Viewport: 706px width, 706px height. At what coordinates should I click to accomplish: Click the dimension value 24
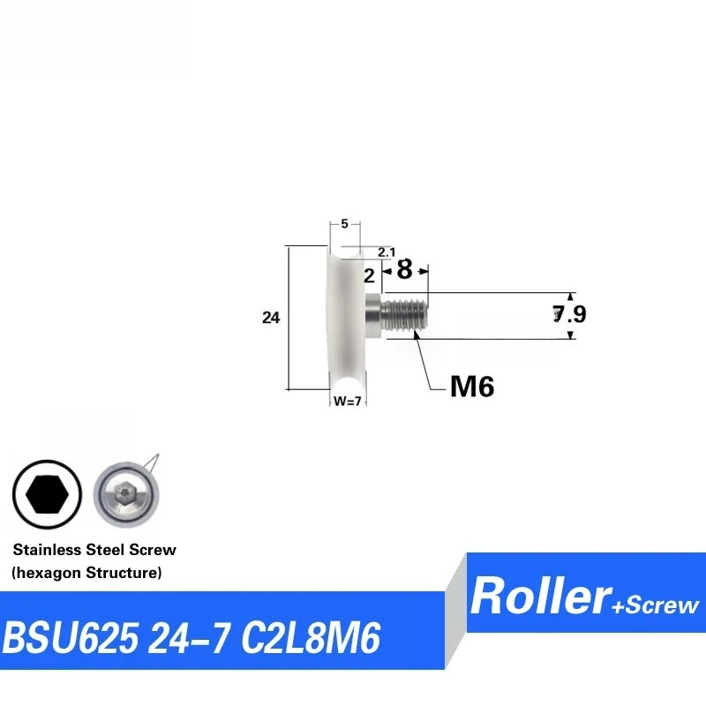[271, 318]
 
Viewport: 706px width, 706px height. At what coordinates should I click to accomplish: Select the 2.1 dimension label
[386, 252]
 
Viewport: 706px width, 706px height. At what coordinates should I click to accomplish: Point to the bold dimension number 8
[404, 269]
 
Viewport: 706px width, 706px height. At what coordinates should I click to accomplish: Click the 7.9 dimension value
[569, 313]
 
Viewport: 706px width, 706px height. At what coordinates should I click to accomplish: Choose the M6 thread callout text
[472, 387]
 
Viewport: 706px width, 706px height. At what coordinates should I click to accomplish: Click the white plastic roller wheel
[346, 318]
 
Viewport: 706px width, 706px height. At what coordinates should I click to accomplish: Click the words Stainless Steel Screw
[94, 550]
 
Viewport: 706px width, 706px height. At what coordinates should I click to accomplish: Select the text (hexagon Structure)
[86, 573]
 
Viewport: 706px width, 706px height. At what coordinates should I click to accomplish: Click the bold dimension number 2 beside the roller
[369, 275]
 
